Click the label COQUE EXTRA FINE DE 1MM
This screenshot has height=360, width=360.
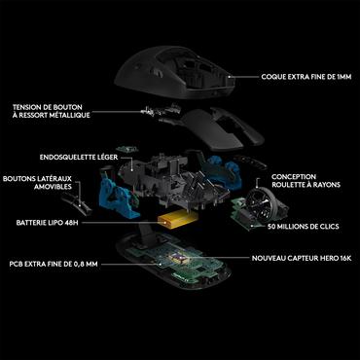coord(305,76)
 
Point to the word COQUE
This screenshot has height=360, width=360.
coord(274,76)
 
